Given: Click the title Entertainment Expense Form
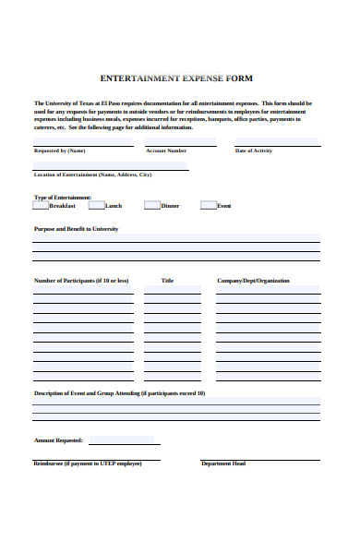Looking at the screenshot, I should (176, 78).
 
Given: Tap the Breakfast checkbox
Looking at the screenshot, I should (42, 206).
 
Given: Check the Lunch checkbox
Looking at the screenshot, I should (96, 206).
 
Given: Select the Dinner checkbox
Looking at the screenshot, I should (152, 206).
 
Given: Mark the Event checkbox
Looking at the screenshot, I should (209, 206).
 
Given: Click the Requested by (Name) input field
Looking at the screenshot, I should (78, 142).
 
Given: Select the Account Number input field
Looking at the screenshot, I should (181, 142).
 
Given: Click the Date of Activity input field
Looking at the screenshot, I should (276, 142).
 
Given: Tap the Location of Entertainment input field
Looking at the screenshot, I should (111, 166).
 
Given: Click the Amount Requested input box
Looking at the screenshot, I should (121, 440).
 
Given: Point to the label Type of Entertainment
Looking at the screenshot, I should (63, 197).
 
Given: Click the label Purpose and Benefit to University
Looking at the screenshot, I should (76, 228).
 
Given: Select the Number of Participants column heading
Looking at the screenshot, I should (81, 281).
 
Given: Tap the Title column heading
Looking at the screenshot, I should (167, 281).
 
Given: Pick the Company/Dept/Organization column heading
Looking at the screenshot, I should (253, 281).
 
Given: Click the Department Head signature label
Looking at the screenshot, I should (223, 464).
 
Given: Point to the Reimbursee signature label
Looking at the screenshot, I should (87, 464).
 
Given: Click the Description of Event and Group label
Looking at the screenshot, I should (119, 393).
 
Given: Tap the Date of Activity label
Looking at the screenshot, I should (254, 151).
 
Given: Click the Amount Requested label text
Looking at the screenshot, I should (58, 440).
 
